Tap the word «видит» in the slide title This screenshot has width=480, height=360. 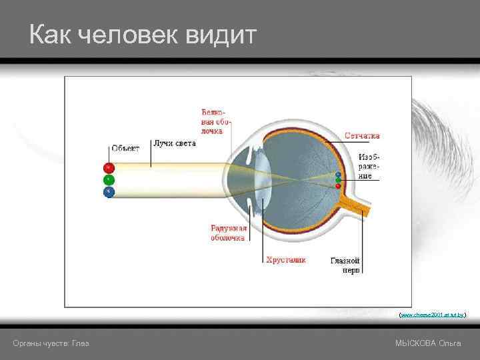tap(223, 35)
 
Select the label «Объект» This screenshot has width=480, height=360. tap(125, 148)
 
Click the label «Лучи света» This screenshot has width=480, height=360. tap(175, 143)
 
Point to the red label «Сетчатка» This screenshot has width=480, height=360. tap(362, 135)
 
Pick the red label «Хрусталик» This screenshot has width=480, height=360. tap(286, 259)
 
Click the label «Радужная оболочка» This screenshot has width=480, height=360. tap(229, 232)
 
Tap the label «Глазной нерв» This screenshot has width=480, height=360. tap(345, 265)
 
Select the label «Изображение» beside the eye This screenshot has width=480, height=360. tap(365, 165)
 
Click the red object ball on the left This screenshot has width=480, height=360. tap(109, 168)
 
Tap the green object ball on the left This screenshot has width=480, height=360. tap(109, 180)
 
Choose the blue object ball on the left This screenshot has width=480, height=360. tap(109, 192)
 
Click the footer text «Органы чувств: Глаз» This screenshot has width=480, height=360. tap(51, 343)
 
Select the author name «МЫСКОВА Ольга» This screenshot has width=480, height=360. tap(428, 343)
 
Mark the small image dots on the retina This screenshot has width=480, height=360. tap(338, 180)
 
